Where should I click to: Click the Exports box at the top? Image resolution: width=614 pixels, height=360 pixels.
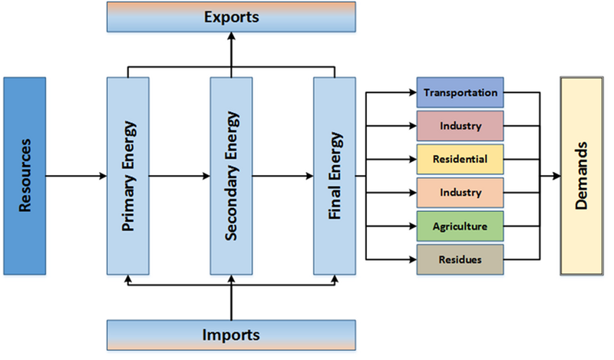(231, 17)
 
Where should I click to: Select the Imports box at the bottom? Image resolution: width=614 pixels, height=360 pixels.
(231, 335)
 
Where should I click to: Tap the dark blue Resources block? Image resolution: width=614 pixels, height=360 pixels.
(26, 176)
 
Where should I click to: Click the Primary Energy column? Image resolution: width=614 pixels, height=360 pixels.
(127, 176)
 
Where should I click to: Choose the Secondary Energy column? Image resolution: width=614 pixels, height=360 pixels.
(231, 176)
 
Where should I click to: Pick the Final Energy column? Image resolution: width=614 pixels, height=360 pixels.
(335, 176)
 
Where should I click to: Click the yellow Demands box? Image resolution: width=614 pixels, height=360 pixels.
(582, 176)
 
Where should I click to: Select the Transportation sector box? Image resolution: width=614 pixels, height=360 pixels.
(460, 93)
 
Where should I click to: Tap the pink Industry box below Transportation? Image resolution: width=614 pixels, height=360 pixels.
(460, 125)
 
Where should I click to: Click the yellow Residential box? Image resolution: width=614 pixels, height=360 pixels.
(460, 158)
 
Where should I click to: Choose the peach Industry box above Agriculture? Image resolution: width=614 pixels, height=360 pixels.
(460, 192)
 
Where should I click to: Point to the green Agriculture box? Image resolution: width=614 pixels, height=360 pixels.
(460, 226)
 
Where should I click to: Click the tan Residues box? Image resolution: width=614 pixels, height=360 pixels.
(460, 259)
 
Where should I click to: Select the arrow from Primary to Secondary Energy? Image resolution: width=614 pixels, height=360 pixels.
(180, 176)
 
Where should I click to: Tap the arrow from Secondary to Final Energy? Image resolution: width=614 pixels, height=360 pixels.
(282, 176)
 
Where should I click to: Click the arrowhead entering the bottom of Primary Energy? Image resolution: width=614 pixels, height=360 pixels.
(127, 279)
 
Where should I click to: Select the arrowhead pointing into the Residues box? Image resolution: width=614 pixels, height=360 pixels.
(412, 259)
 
